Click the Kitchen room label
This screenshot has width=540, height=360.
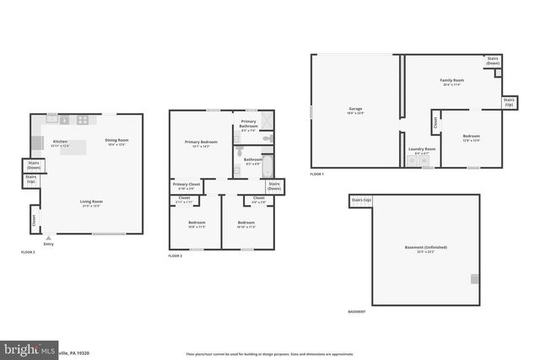[60, 142]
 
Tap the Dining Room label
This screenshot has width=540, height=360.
[116, 141]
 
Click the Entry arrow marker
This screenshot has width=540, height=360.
[48, 238]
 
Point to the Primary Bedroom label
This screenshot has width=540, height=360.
[200, 142]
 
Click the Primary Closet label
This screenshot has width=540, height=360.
[186, 185]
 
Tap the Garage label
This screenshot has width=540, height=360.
[356, 110]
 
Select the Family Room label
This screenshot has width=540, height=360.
[451, 81]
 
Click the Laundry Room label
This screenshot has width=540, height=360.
[422, 149]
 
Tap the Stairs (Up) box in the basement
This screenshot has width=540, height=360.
[361, 200]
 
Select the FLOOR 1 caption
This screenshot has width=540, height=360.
[316, 174]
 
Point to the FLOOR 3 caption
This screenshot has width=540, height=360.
[175, 255]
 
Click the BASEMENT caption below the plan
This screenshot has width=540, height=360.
[357, 312]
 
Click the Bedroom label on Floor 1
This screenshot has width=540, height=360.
[471, 136]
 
